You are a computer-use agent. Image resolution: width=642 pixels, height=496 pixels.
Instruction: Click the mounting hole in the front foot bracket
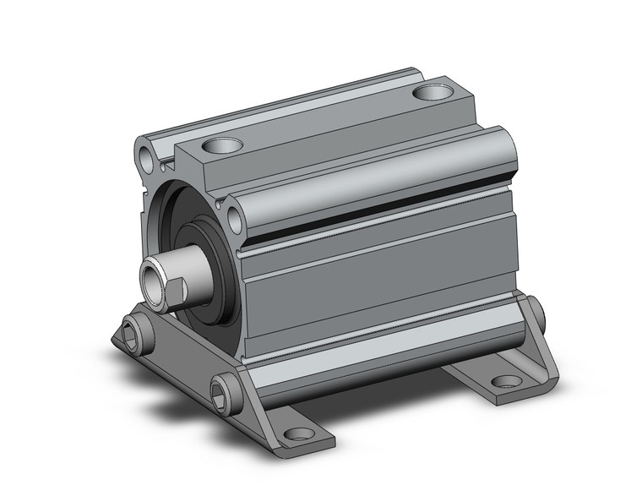(x=297, y=435)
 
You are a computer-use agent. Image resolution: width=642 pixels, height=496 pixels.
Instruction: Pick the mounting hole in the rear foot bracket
(x=505, y=381)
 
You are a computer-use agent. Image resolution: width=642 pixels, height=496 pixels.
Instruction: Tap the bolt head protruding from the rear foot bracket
(x=537, y=312)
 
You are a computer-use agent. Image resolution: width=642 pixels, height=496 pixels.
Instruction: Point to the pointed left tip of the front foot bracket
(x=115, y=342)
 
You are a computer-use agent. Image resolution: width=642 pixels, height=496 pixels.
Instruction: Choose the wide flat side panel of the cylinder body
(x=380, y=287)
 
